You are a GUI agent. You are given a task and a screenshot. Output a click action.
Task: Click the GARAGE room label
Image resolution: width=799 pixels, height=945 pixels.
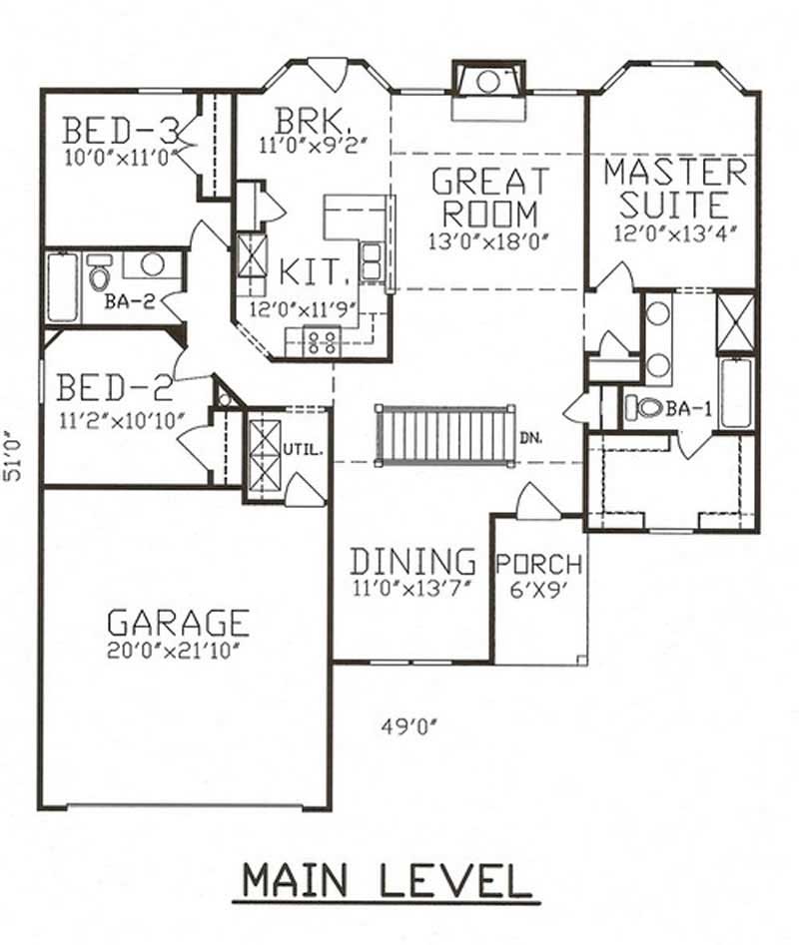(x=178, y=622)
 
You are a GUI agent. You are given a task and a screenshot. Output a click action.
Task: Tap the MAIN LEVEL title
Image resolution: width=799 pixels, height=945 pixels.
(x=386, y=881)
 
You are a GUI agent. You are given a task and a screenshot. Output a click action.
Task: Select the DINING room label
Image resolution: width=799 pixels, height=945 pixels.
(x=411, y=560)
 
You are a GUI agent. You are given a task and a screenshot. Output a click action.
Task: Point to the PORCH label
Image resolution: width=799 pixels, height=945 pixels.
(x=539, y=565)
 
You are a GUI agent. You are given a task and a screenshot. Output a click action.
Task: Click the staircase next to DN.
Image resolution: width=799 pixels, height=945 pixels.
(x=445, y=435)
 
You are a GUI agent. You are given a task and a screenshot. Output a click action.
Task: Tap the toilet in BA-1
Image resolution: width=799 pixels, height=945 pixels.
(x=646, y=407)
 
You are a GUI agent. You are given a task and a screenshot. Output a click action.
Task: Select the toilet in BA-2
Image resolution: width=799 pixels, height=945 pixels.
(x=99, y=274)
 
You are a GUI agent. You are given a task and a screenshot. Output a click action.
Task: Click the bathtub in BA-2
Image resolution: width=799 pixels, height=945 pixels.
(x=62, y=287)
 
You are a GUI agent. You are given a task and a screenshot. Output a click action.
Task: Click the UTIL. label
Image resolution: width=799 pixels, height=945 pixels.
(x=307, y=450)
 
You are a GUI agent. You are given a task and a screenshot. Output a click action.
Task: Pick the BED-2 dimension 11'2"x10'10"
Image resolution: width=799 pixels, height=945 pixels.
(x=120, y=416)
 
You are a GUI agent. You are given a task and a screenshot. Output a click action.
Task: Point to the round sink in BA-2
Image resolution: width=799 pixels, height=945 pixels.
(x=152, y=264)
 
